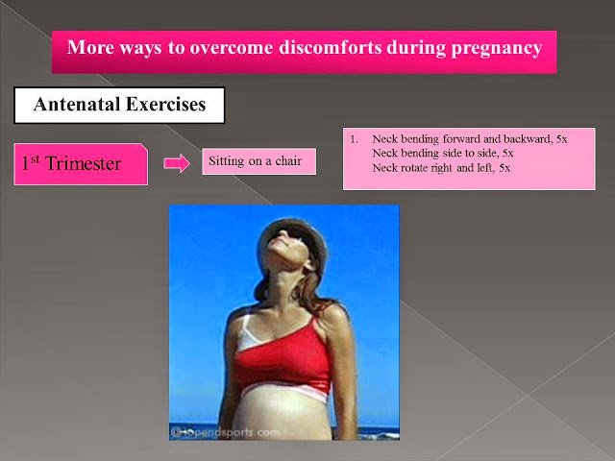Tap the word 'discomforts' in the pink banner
[x=331, y=47]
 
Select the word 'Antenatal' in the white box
[x=77, y=105]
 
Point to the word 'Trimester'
[x=84, y=163]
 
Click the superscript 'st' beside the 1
[x=35, y=158]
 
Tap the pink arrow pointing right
[x=177, y=162]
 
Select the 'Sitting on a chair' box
[x=258, y=161]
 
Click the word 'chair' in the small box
[x=288, y=160]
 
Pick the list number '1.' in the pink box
[x=354, y=139]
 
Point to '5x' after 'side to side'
[x=508, y=153]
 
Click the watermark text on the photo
[x=225, y=432]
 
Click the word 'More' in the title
[x=90, y=47]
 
